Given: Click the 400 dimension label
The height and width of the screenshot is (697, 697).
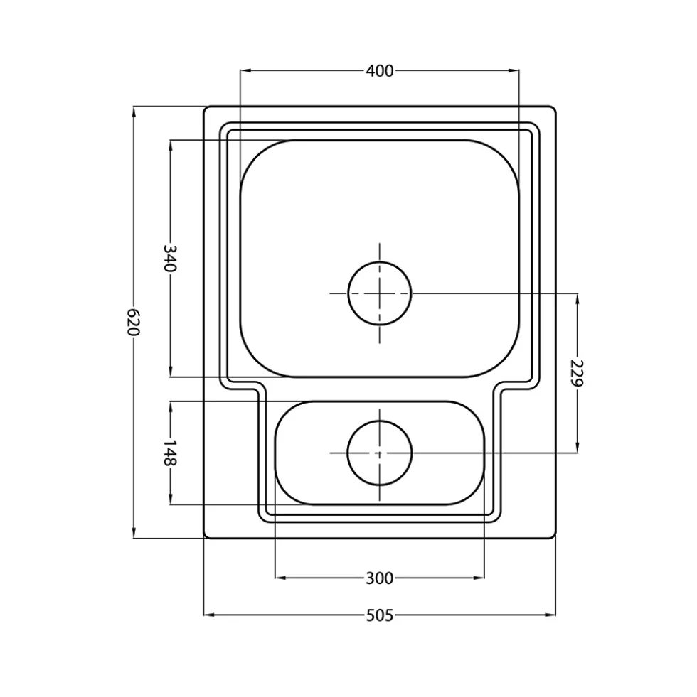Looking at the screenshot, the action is [380, 70].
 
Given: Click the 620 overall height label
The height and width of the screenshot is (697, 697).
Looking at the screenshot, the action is [134, 322].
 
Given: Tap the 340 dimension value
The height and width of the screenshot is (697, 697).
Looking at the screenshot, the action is [171, 258].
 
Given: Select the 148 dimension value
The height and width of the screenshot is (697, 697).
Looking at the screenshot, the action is [171, 453].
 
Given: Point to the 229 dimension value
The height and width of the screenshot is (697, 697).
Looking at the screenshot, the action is [578, 372].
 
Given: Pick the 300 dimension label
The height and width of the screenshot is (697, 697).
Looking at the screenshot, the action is [380, 578].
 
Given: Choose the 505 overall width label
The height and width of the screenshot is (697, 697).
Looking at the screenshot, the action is [380, 615].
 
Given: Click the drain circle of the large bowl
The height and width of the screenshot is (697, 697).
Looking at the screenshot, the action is [380, 293].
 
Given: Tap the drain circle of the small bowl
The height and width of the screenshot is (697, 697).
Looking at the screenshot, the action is [380, 453].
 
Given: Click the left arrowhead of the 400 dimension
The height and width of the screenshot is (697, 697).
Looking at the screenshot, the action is [245, 70].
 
